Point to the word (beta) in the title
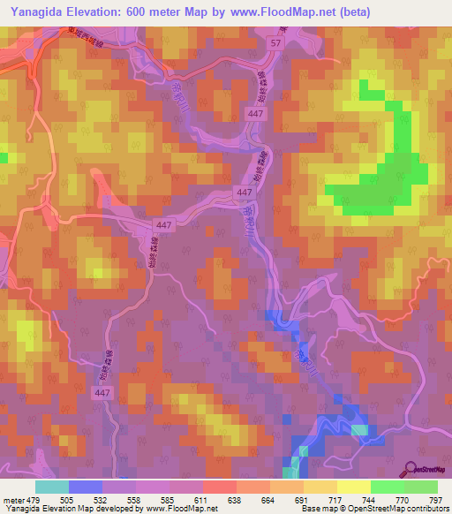click(x=354, y=11)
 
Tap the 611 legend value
click(x=202, y=499)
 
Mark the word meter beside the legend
click(x=12, y=499)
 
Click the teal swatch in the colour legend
click(x=52, y=487)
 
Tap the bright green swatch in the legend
click(x=387, y=487)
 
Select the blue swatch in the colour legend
click(x=86, y=487)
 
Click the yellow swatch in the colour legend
click(x=353, y=487)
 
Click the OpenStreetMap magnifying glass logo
click(x=411, y=469)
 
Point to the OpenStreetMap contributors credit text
click(x=396, y=509)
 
